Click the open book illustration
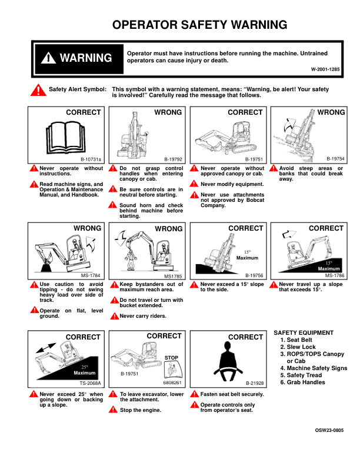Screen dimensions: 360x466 pos(66,137)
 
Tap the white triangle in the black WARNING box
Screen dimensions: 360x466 pos(48,58)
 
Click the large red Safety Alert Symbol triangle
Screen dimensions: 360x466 pos(38,90)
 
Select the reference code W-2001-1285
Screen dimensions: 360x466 pos(325,69)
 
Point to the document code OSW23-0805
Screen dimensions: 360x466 pos(329,430)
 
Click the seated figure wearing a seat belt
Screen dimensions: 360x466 pos(228,361)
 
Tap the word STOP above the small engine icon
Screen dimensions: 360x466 pos(171,358)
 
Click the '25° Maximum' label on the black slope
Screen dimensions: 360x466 pos(85,370)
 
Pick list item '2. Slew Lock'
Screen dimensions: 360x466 pos(298,347)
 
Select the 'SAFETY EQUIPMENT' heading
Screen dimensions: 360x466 pos(304,333)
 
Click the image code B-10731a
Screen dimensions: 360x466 pos(91,159)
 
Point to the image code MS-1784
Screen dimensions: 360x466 pos(91,275)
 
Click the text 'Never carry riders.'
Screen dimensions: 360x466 pos(143,316)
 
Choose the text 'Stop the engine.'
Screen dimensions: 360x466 pos(141,410)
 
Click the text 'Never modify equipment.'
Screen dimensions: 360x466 pos(232,184)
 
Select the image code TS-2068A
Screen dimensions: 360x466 pos(91,383)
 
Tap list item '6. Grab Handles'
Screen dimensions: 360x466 pos(303,382)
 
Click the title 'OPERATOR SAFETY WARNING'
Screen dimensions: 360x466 pos(199,25)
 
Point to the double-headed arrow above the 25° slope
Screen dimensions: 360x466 pos(46,348)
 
